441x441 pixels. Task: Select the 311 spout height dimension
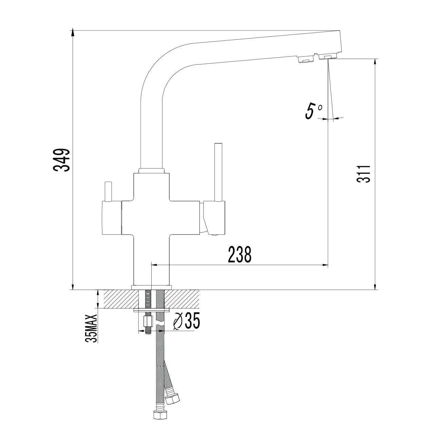click(x=363, y=174)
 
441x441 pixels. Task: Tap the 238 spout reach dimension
click(x=239, y=254)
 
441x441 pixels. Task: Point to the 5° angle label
click(x=314, y=111)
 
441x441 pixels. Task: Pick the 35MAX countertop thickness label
click(x=92, y=331)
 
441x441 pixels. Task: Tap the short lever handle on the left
click(x=108, y=191)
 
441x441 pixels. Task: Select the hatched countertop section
click(x=152, y=299)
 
